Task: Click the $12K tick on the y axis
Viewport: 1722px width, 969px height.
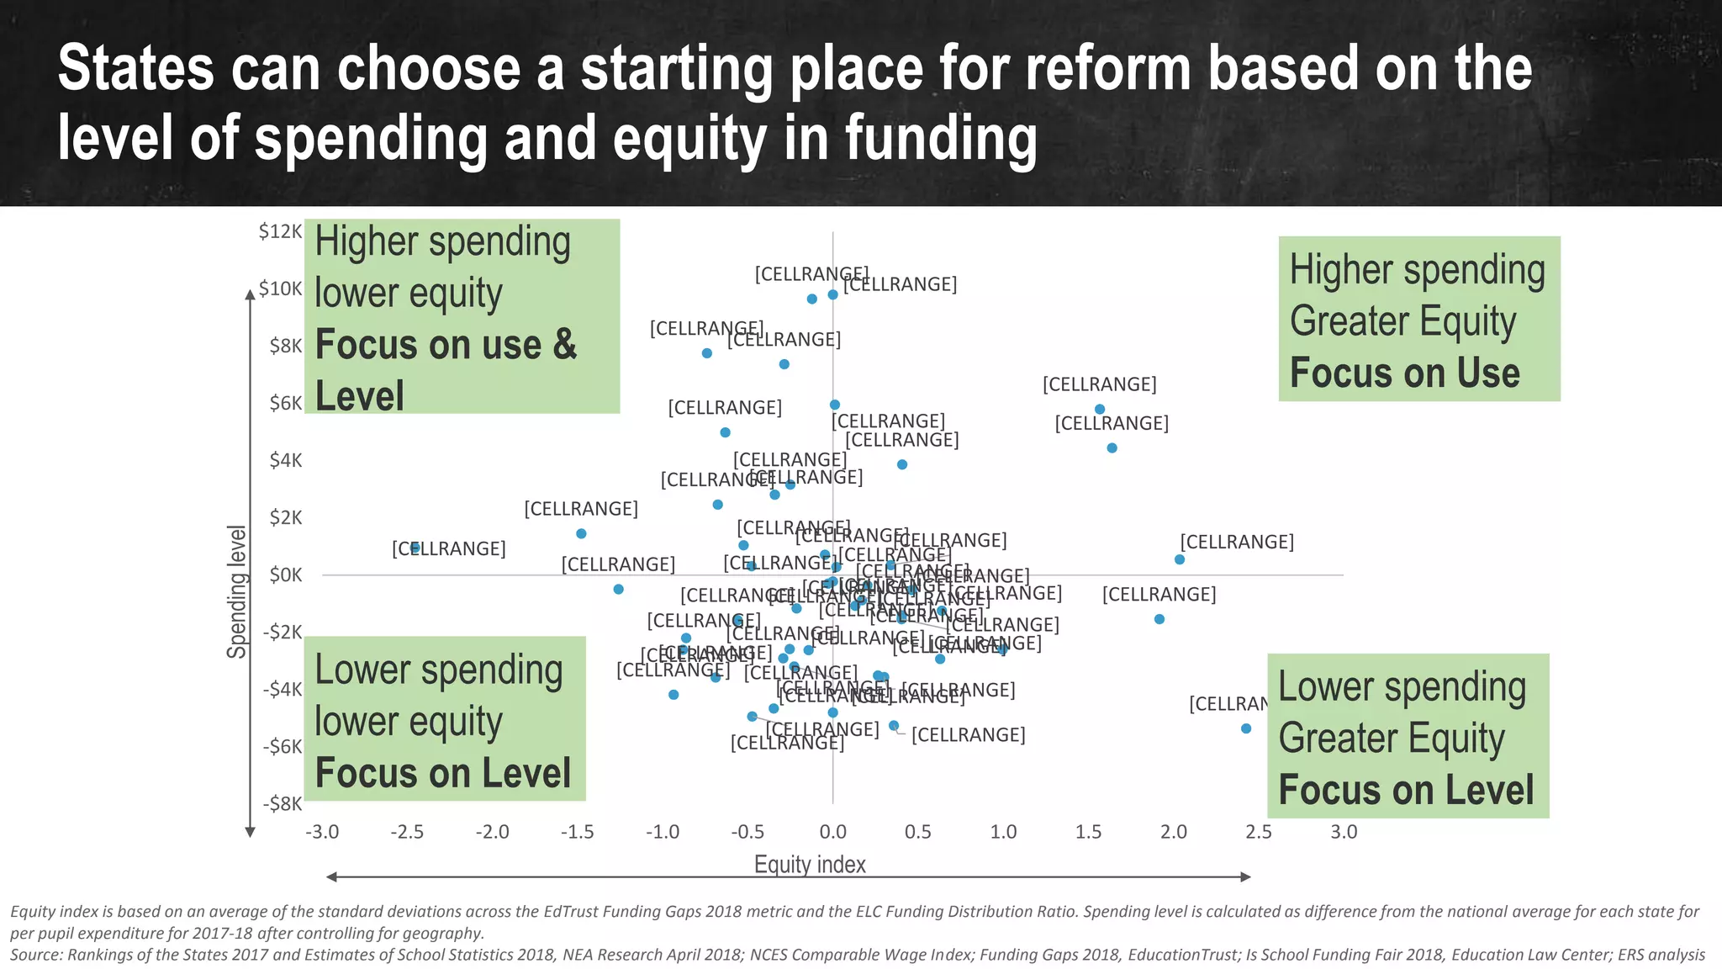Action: [x=280, y=231]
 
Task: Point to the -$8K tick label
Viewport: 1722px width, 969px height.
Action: [x=282, y=803]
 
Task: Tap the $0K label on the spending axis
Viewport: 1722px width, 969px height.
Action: [x=286, y=575]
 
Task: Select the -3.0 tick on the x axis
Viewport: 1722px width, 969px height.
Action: [x=322, y=832]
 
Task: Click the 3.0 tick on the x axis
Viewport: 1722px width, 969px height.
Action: [x=1344, y=832]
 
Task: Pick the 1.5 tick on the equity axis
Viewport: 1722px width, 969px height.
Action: [x=1088, y=832]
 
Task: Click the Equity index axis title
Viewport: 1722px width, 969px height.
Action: [x=810, y=864]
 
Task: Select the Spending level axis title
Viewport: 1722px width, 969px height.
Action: [x=237, y=591]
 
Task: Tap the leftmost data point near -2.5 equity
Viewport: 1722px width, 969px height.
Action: [x=415, y=548]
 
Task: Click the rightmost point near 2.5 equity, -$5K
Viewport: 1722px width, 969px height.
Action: [x=1246, y=728]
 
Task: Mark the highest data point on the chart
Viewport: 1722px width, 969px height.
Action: [x=832, y=294]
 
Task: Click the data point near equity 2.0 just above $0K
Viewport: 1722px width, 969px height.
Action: [x=1180, y=559]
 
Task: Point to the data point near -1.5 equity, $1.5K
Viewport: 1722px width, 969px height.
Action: [x=581, y=533]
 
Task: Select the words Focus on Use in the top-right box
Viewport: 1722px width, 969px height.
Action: [x=1404, y=373]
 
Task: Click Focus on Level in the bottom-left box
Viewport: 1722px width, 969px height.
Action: [x=442, y=773]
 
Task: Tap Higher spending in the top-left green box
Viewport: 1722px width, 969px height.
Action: [x=442, y=241]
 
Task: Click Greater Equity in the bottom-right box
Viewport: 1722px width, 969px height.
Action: [x=1391, y=739]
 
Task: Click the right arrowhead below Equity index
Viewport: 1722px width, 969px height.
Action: [x=1246, y=876]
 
